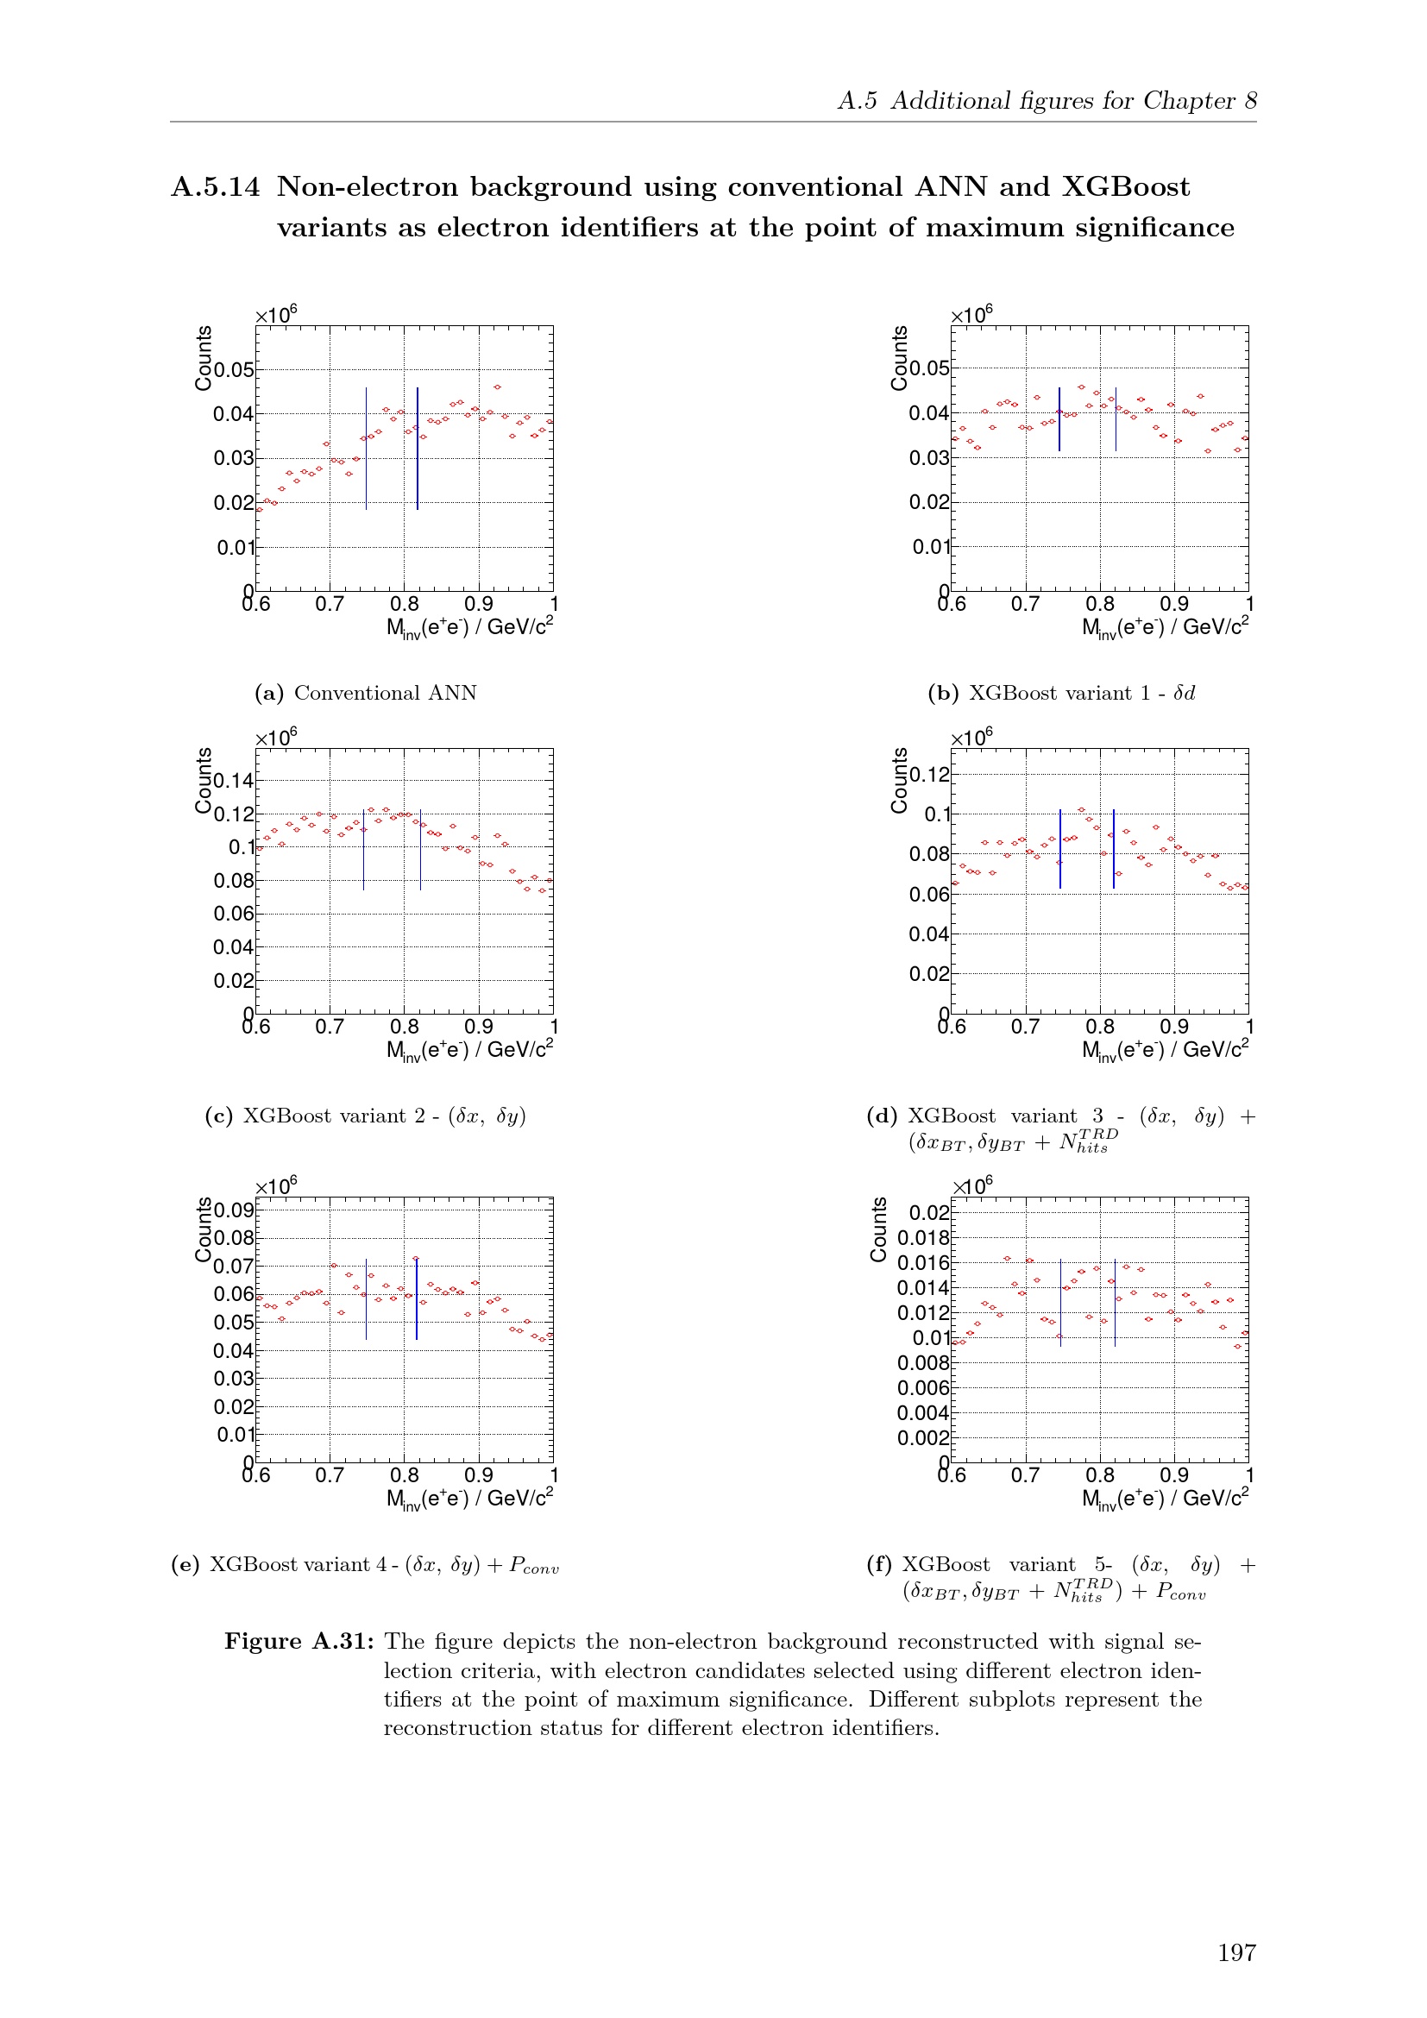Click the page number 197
(x=1235, y=1952)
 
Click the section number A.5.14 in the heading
(x=216, y=187)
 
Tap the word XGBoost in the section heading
(x=1126, y=187)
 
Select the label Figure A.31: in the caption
(x=299, y=1642)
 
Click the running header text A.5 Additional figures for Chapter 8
(x=1047, y=101)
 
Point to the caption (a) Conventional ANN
(x=366, y=693)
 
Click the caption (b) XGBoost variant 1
(x=1060, y=693)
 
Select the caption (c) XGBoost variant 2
(x=366, y=1116)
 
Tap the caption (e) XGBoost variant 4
(x=366, y=1564)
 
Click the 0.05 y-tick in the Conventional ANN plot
(x=234, y=370)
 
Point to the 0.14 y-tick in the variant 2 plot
(x=234, y=781)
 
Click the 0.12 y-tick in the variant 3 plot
(x=930, y=774)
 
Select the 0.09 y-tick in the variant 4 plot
(x=234, y=1210)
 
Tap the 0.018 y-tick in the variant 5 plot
(x=923, y=1237)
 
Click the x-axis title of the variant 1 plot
(x=1164, y=627)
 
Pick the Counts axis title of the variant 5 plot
(x=878, y=1229)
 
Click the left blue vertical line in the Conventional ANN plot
(x=367, y=449)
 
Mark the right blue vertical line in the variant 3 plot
(x=1113, y=848)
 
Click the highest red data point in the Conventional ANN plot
(x=497, y=387)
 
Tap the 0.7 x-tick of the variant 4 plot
(x=330, y=1474)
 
